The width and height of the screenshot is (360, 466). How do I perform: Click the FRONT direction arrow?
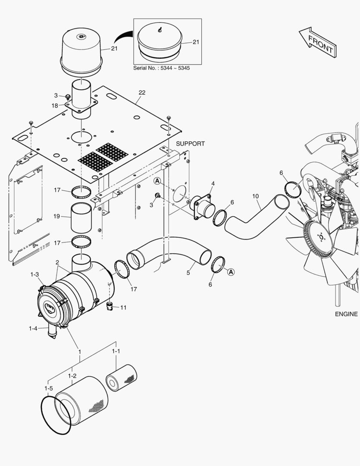pos(317,42)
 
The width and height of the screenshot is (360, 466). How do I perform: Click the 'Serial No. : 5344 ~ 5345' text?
pos(161,68)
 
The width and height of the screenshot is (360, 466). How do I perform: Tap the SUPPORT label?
pos(190,144)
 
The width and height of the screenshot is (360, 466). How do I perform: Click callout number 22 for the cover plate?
pos(142,93)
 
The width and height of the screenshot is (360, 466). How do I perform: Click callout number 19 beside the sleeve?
pos(56,216)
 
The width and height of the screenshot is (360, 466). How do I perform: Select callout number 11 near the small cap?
pos(123,308)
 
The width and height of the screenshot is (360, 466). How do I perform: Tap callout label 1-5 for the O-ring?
pos(48,389)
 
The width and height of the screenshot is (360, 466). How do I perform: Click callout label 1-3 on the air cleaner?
pos(34,274)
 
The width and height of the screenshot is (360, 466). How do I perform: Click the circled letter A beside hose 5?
pos(231,272)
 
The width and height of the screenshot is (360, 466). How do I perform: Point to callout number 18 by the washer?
pos(55,105)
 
